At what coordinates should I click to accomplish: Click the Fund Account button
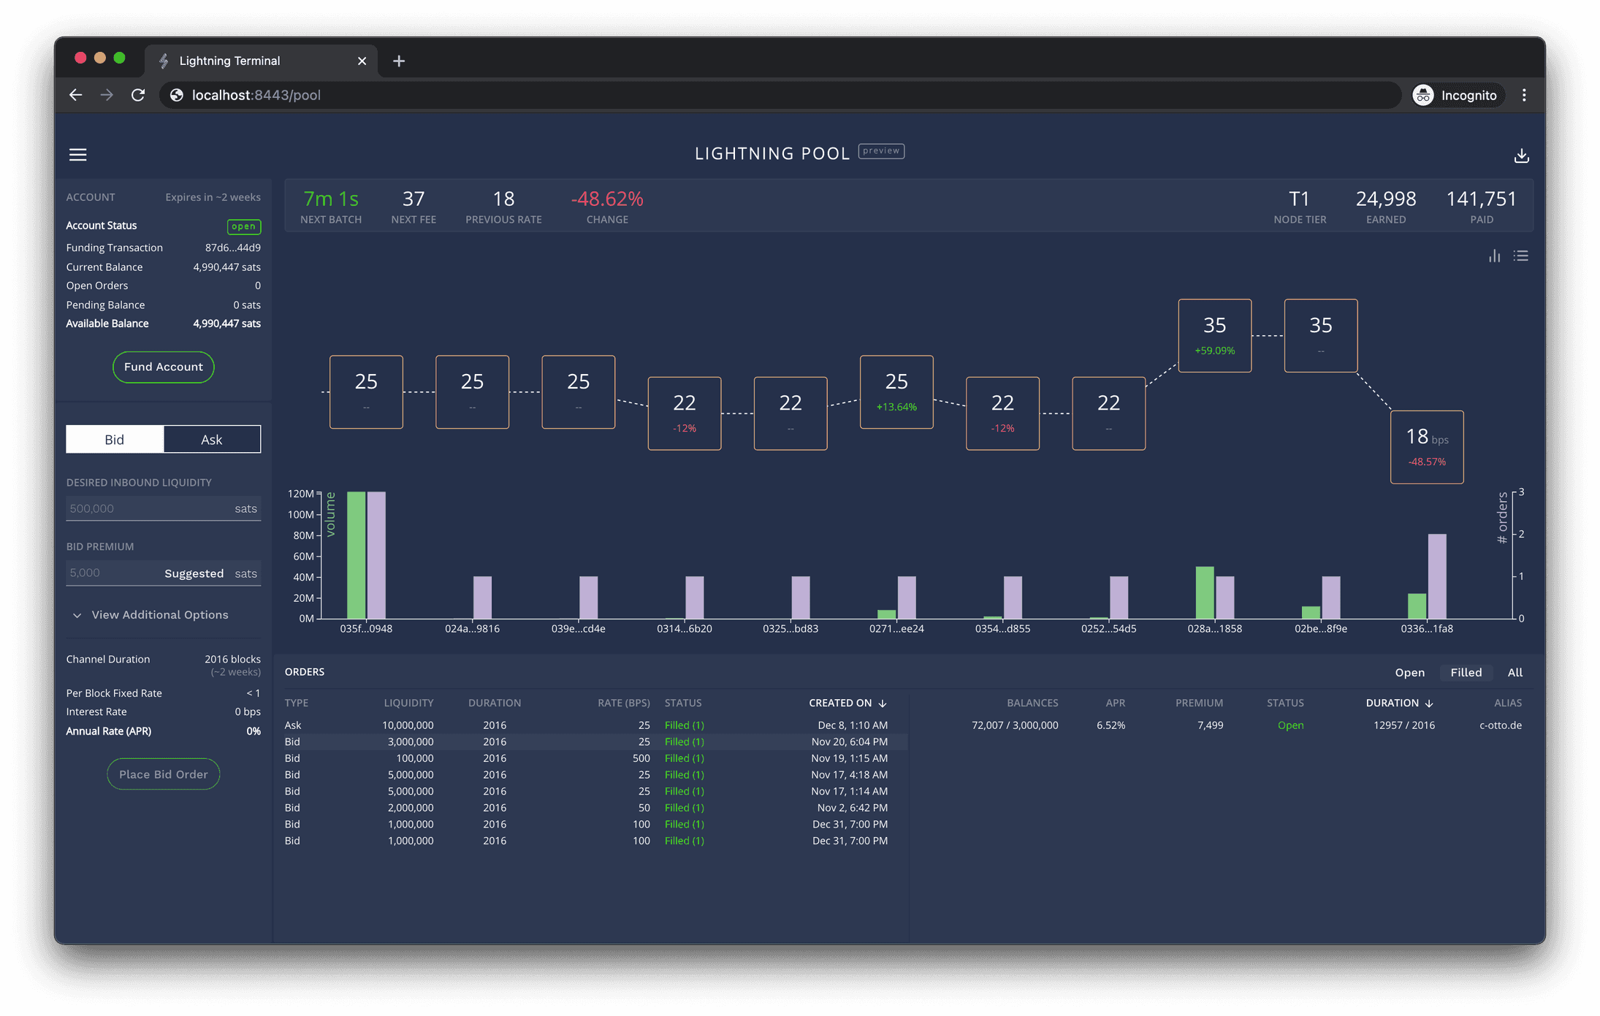tap(163, 367)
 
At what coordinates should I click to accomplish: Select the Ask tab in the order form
tap(212, 439)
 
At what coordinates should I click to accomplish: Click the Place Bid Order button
tap(163, 774)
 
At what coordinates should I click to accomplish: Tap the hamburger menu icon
tap(78, 155)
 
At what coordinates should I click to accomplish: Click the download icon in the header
tap(1521, 156)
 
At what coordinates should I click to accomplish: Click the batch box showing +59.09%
tap(1214, 335)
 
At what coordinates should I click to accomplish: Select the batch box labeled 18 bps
tap(1426, 447)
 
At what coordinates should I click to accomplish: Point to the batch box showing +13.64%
tap(896, 391)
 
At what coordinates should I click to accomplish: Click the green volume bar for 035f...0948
tap(356, 555)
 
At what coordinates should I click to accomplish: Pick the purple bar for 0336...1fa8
tap(1437, 576)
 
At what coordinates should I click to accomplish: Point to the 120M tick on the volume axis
tap(300, 494)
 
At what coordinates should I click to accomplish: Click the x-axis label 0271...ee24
tap(896, 629)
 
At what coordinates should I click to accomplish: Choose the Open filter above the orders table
tap(1409, 673)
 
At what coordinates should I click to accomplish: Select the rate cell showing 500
tap(641, 758)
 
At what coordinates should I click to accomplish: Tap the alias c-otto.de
tap(1500, 725)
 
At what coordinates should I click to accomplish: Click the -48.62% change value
tap(607, 199)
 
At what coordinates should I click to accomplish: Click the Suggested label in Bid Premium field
tap(194, 573)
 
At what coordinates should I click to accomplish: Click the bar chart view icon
tap(1494, 256)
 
